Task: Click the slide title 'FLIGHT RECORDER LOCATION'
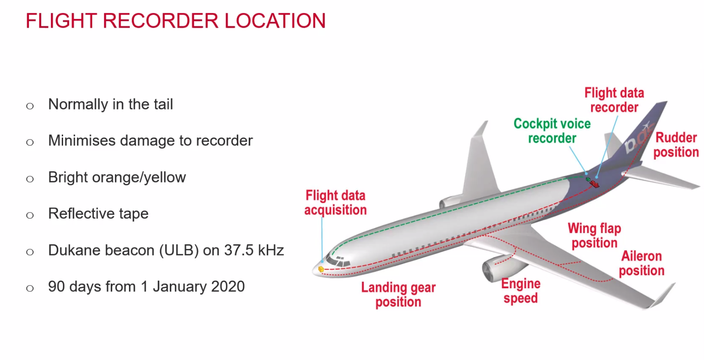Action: click(x=176, y=21)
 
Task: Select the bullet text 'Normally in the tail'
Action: click(x=110, y=104)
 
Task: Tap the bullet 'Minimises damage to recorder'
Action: click(x=150, y=141)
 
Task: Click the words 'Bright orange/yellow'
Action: click(x=117, y=177)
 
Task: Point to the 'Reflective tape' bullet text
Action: click(x=98, y=213)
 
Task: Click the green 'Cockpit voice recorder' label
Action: click(x=552, y=131)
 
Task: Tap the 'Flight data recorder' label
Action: click(x=614, y=100)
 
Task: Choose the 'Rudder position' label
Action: click(x=676, y=145)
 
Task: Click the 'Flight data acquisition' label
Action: click(x=335, y=202)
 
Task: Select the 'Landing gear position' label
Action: click(x=398, y=295)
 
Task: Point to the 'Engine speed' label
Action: click(x=521, y=291)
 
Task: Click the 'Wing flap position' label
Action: click(x=594, y=235)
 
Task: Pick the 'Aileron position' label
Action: click(x=641, y=263)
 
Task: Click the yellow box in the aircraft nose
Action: click(x=321, y=269)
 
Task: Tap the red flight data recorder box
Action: click(x=594, y=184)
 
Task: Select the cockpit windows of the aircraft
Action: click(x=338, y=261)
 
